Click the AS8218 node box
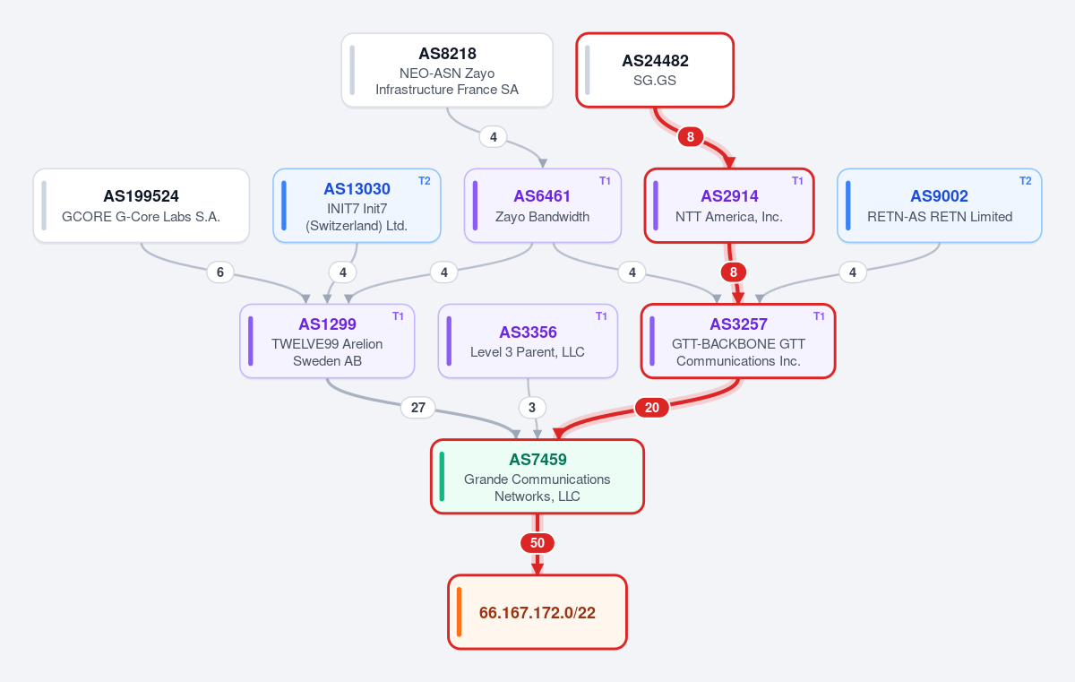[447, 71]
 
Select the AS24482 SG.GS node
[655, 71]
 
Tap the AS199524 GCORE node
[142, 206]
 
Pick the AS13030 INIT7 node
[357, 206]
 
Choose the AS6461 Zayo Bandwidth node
[542, 206]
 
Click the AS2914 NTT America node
[729, 206]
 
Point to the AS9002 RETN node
[939, 206]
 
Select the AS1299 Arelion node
[327, 341]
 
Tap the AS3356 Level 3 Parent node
[528, 341]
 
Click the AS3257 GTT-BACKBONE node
[738, 341]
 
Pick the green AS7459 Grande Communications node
[537, 477]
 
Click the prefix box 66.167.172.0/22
[537, 612]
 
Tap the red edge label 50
[537, 543]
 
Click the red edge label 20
[652, 408]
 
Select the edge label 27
[418, 408]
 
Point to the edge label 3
[532, 408]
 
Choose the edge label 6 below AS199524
[220, 272]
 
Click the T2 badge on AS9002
[1025, 181]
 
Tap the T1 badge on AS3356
[601, 316]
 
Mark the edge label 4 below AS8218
[494, 137]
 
